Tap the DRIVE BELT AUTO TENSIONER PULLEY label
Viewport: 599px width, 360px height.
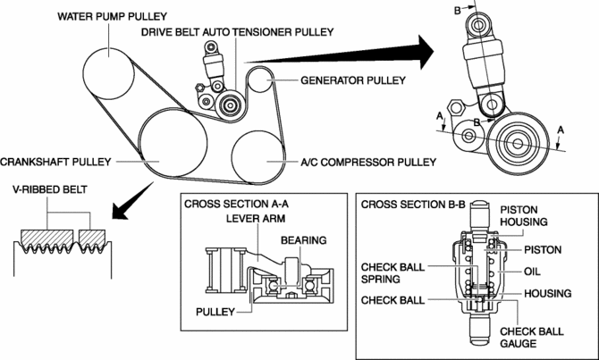238,31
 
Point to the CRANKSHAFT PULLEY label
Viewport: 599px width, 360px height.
55,163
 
